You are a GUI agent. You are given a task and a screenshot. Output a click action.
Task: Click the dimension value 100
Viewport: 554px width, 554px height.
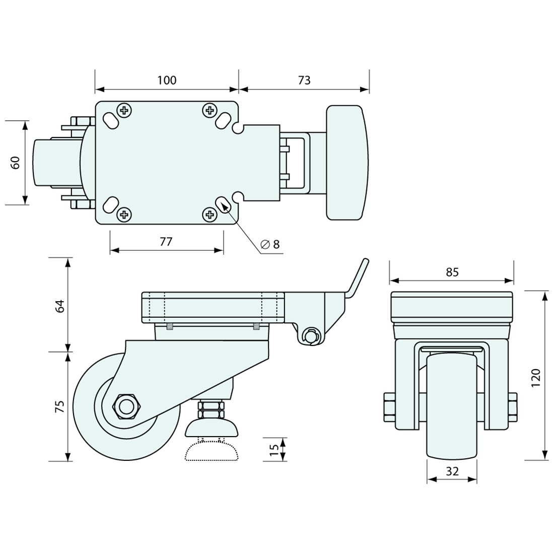pyautogui.click(x=167, y=80)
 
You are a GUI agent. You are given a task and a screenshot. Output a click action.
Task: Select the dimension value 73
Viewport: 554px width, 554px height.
pyautogui.click(x=304, y=80)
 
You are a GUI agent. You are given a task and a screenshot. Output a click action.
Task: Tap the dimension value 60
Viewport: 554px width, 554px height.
pyautogui.click(x=15, y=162)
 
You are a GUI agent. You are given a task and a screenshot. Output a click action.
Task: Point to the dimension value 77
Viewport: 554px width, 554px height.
pyautogui.click(x=166, y=241)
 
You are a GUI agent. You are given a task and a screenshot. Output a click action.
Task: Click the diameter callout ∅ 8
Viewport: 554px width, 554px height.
pyautogui.click(x=270, y=245)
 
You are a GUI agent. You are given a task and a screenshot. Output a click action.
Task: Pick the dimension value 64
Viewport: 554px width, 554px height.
pyautogui.click(x=60, y=306)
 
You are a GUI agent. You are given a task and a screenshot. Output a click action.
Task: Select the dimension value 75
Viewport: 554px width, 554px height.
pyautogui.click(x=60, y=406)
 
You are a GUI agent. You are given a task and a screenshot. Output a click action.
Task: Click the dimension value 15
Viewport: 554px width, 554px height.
pyautogui.click(x=274, y=449)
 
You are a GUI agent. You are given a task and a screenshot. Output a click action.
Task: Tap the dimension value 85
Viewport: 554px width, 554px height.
pyautogui.click(x=452, y=272)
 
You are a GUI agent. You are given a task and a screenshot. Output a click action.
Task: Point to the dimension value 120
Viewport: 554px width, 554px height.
pyautogui.click(x=536, y=378)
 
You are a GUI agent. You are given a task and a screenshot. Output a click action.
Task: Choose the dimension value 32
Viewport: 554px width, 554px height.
pyautogui.click(x=452, y=471)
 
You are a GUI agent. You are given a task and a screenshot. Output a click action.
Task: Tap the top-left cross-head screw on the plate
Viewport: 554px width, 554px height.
pyautogui.click(x=124, y=110)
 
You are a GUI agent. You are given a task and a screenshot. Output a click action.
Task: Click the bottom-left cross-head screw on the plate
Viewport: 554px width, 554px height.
pyautogui.click(x=124, y=216)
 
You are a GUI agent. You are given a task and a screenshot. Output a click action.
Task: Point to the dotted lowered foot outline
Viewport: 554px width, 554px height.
pyautogui.click(x=212, y=452)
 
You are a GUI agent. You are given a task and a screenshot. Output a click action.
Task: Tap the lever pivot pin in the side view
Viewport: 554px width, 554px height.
pyautogui.click(x=311, y=335)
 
